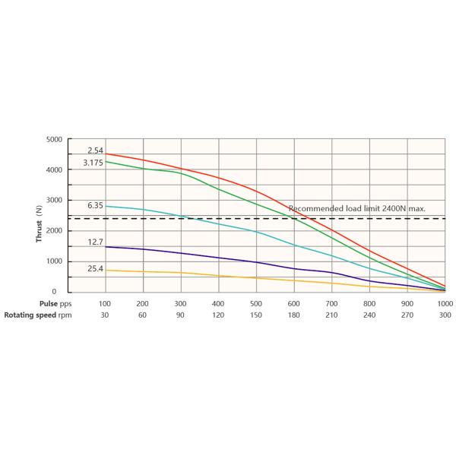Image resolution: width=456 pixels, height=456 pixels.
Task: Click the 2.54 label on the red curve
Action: [95, 151]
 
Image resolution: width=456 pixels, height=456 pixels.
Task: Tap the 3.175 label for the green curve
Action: [93, 163]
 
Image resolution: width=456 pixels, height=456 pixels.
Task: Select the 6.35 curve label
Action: [95, 206]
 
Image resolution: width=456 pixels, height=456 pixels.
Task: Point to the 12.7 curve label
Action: [95, 242]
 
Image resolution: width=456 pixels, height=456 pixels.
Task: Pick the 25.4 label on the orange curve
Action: [95, 268]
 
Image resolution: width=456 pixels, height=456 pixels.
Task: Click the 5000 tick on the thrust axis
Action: [54, 140]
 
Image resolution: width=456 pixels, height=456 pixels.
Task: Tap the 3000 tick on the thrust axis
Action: [54, 201]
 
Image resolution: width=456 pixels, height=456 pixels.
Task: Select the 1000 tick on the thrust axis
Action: [54, 261]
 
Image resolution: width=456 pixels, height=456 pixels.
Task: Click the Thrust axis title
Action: [39, 226]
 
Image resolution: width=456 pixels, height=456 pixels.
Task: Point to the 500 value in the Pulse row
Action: [257, 303]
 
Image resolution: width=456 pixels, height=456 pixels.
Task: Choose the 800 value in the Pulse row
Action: [370, 303]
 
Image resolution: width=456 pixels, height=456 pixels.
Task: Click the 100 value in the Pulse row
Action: [106, 303]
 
